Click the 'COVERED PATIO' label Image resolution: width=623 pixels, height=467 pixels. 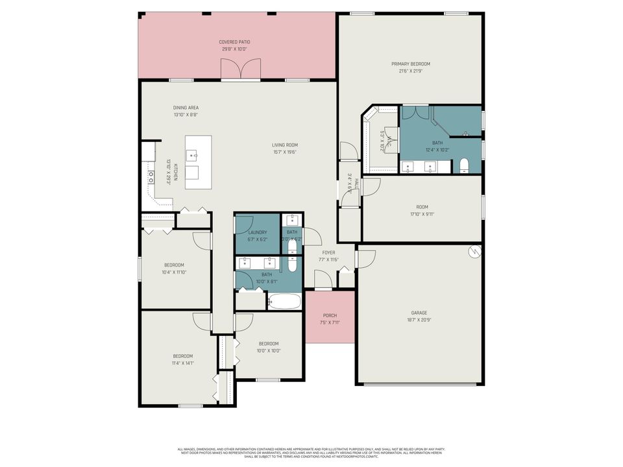click(x=234, y=42)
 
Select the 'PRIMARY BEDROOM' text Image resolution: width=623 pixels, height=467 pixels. click(x=410, y=64)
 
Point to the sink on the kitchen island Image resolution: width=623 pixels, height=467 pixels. click(x=193, y=154)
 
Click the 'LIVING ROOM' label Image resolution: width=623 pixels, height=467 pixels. click(x=285, y=145)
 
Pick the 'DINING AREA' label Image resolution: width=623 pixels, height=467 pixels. click(x=186, y=108)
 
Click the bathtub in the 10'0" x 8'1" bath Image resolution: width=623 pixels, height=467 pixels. click(x=284, y=302)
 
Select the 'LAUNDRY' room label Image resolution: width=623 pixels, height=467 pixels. click(x=257, y=232)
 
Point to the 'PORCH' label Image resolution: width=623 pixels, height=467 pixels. click(x=330, y=316)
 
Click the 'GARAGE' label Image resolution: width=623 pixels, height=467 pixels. click(x=419, y=312)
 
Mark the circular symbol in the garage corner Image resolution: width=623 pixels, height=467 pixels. click(x=474, y=252)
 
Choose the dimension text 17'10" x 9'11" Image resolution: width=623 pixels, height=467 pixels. click(x=422, y=214)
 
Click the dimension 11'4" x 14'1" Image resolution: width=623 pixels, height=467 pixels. click(x=182, y=363)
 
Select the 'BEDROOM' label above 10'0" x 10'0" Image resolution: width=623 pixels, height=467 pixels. click(x=269, y=344)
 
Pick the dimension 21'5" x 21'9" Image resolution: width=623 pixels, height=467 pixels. click(x=410, y=71)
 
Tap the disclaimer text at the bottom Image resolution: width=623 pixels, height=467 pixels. click(x=311, y=453)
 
